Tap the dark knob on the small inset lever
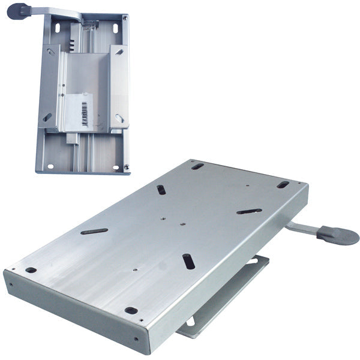pyautogui.click(x=18, y=10)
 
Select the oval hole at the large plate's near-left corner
pyautogui.click(x=30, y=270)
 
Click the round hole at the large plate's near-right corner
pyautogui.click(x=131, y=310)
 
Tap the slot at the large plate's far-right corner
pyautogui.click(x=283, y=185)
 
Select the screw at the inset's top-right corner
pyautogui.click(x=124, y=19)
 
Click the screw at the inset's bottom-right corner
pyautogui.click(x=128, y=167)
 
